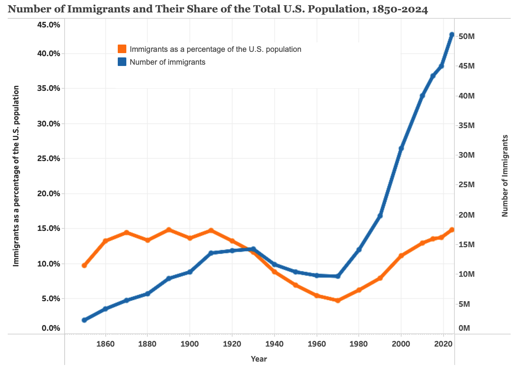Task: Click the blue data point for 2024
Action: tap(451, 34)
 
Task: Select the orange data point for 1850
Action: tap(84, 266)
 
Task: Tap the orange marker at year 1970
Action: tap(337, 300)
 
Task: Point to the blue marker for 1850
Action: tap(84, 320)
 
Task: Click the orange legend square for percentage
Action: tap(122, 49)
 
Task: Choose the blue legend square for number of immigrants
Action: tap(122, 62)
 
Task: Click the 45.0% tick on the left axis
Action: tap(48, 25)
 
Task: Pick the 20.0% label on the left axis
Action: tap(48, 193)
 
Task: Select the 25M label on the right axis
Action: tap(466, 185)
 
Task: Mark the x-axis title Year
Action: tap(259, 359)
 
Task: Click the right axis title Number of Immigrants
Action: tap(505, 175)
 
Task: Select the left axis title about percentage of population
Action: tap(16, 176)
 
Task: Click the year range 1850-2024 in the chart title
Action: tap(398, 9)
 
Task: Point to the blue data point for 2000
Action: tap(401, 148)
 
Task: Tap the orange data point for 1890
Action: tap(169, 230)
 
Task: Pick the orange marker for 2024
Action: tap(451, 230)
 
